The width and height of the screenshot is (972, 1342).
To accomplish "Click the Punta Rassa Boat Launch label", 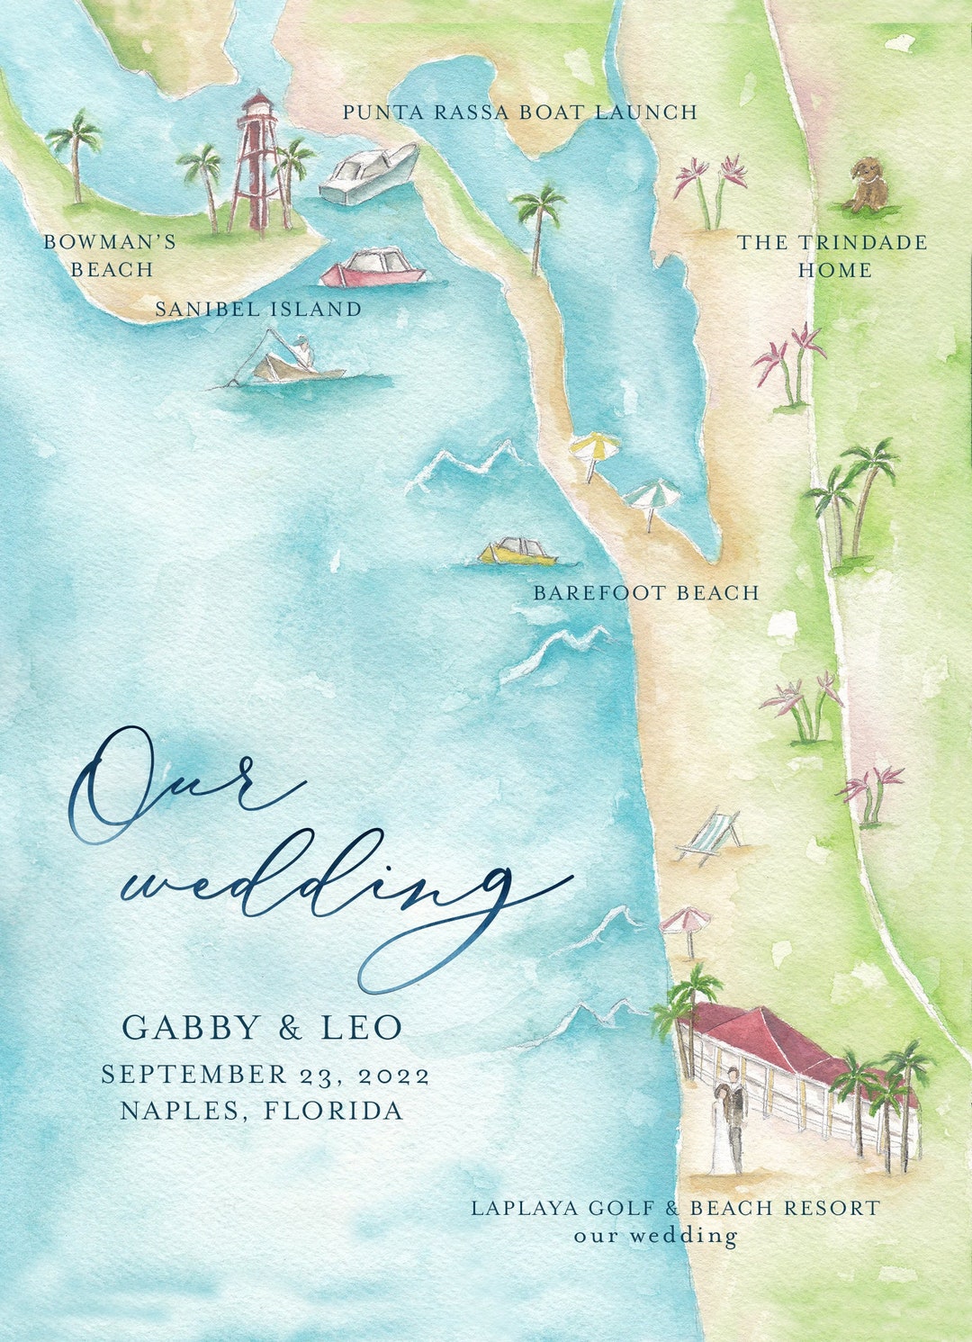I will click(519, 113).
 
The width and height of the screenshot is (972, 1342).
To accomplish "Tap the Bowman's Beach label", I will click(110, 256).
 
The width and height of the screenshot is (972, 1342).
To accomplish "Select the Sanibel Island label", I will click(258, 309).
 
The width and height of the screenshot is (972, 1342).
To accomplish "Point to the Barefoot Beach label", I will click(646, 593).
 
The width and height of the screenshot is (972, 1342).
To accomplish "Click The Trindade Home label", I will click(832, 256).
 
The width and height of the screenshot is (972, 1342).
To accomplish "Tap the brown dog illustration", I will click(868, 185).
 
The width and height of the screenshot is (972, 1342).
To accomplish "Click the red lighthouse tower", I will click(258, 162).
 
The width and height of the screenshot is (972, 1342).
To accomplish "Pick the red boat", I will click(373, 268).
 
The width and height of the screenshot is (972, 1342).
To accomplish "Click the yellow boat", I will click(517, 552).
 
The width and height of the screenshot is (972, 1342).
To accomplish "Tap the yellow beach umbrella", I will click(594, 450).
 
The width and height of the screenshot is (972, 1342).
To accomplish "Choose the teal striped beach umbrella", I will click(652, 500).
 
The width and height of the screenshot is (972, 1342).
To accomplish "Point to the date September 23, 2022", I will click(265, 1075).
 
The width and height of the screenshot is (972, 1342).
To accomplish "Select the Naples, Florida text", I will click(262, 1111).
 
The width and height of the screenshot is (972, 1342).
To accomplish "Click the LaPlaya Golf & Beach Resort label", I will click(675, 1208).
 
